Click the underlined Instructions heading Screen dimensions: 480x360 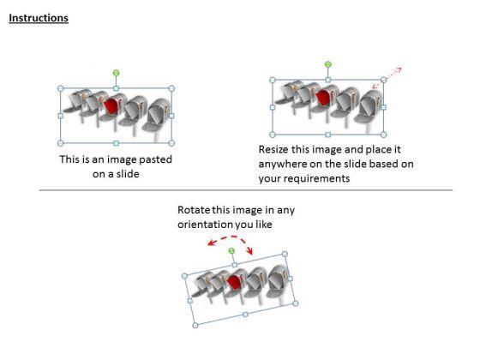(39, 18)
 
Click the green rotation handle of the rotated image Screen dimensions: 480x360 (231, 251)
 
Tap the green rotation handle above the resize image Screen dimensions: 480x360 (327, 64)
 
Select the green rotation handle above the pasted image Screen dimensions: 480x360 (116, 73)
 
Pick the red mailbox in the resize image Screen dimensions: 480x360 (323, 97)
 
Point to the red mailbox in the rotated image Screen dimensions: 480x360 (235, 282)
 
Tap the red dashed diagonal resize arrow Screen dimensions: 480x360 (387, 78)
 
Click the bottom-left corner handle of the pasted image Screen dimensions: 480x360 (61, 143)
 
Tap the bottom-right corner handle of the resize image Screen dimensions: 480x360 (383, 135)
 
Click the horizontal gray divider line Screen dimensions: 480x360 (246, 190)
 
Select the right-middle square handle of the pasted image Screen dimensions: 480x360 (171, 116)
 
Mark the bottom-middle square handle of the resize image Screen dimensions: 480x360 (327, 135)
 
